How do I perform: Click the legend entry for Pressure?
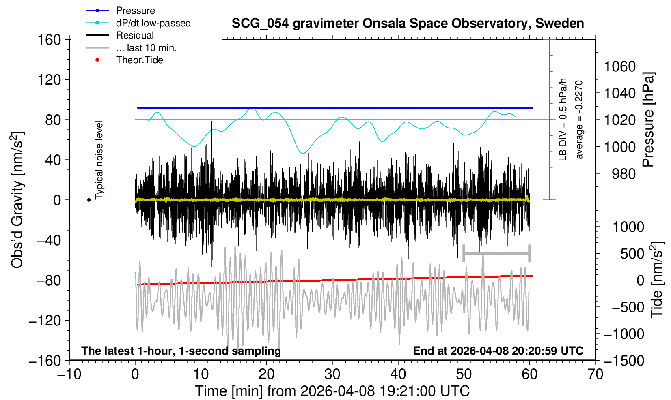(135, 11)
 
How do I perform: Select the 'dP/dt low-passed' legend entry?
(153, 23)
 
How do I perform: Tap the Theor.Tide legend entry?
(139, 60)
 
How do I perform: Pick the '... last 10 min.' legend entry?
(146, 48)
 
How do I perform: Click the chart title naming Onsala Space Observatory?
(408, 24)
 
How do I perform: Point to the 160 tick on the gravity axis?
(49, 40)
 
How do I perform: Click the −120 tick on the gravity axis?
(45, 321)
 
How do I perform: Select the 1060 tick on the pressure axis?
(620, 66)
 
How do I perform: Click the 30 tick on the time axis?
(332, 374)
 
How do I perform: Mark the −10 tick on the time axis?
(69, 374)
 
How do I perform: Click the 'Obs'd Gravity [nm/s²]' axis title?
(17, 200)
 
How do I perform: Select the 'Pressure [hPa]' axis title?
(649, 120)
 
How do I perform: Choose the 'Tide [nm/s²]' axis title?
(657, 280)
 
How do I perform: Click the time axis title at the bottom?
(332, 391)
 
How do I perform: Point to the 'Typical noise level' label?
(99, 160)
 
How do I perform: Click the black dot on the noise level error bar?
(89, 200)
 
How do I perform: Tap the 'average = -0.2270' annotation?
(579, 120)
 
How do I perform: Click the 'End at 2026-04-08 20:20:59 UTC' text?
(498, 351)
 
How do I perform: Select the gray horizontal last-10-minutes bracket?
(496, 254)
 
